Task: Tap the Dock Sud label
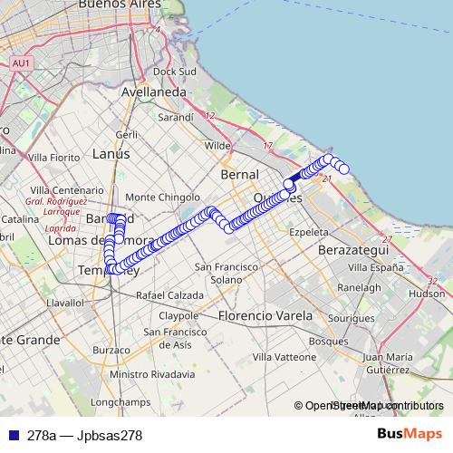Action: coord(176,71)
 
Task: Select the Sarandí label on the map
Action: coord(176,117)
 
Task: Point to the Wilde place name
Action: coord(217,145)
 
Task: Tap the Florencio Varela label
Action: coord(265,316)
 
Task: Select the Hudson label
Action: coord(427,294)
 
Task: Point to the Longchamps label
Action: coord(119,400)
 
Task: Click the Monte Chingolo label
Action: coord(162,197)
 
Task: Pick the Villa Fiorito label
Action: coord(55,158)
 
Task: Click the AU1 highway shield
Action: coord(21,63)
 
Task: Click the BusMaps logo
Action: coord(410,435)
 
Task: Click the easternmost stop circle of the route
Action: coord(344,169)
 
